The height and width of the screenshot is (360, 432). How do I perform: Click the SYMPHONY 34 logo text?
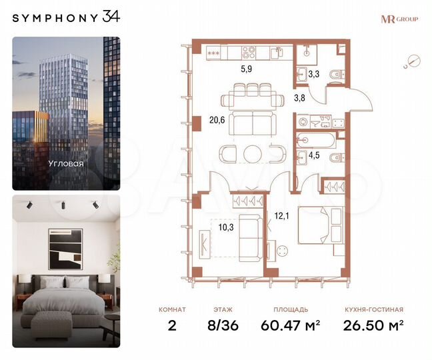point(67,17)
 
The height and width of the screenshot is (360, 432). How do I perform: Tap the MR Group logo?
point(399,19)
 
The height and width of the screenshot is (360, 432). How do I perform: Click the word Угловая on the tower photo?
point(65,162)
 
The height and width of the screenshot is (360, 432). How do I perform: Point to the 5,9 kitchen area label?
point(247,67)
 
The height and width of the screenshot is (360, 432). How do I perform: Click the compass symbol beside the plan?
point(413,62)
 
